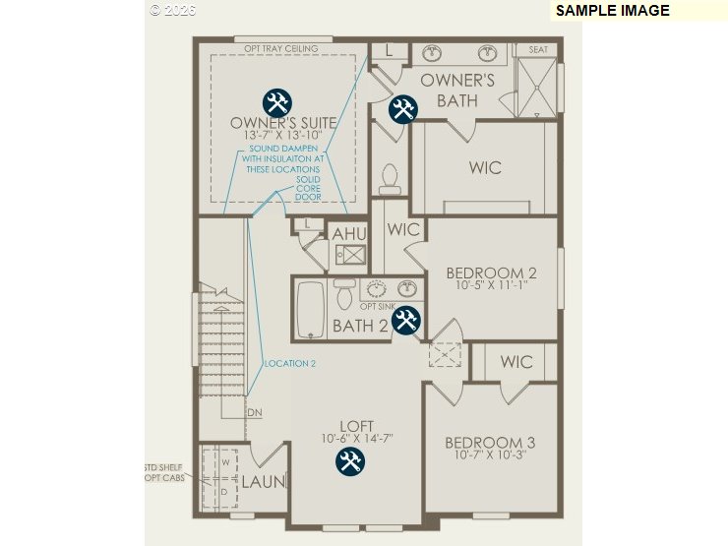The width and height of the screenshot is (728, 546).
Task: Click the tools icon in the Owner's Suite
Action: (x=277, y=102)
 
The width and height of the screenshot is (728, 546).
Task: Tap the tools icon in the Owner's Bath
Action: (x=402, y=109)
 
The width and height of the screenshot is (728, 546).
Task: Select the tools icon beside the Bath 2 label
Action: (x=406, y=321)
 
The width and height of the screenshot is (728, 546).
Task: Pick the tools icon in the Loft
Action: (x=349, y=461)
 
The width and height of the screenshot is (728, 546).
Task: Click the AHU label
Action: (x=348, y=234)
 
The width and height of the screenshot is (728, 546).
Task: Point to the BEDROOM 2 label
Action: (x=491, y=273)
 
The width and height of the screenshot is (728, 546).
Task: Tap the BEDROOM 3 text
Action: (x=490, y=442)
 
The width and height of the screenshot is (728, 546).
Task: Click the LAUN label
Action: (x=264, y=482)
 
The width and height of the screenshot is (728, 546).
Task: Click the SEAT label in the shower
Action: (x=538, y=50)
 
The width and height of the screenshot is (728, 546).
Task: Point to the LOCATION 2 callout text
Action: (x=290, y=363)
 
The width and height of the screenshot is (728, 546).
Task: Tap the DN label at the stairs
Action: (x=255, y=412)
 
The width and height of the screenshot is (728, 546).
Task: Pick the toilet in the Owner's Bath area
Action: (x=389, y=178)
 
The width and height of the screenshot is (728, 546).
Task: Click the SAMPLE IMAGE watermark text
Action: (x=612, y=11)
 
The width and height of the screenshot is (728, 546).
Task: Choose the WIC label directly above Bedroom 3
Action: (x=516, y=362)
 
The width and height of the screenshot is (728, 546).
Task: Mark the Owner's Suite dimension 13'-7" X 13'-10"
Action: (x=283, y=135)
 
